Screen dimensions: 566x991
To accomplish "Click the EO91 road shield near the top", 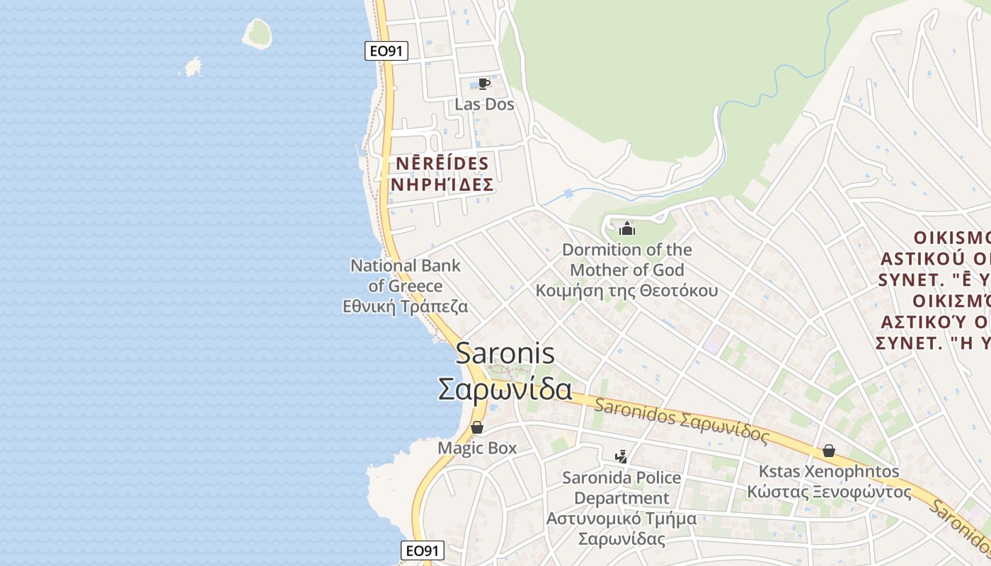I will point(386,51).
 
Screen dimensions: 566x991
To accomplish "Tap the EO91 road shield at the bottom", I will point(423,550).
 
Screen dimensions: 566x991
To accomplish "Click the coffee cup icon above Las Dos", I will point(484,83).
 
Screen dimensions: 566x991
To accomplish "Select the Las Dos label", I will point(484,105).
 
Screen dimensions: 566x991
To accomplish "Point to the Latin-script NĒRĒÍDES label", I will point(442,164).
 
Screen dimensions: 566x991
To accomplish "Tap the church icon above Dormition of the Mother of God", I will point(626,229).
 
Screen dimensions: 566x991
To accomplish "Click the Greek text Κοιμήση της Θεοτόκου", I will point(626,291).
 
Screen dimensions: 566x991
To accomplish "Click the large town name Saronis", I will point(505,354).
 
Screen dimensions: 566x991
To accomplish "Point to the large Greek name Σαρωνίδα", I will point(505,388).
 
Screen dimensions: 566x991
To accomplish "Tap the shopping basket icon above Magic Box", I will point(477,427).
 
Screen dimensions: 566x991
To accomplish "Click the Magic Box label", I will point(477,448).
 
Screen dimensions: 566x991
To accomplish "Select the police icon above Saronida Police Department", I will point(621,457).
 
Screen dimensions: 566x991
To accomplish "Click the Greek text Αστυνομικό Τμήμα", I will point(621,519).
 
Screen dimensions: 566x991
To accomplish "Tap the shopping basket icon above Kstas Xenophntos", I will point(828,451).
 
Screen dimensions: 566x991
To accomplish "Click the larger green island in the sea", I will point(257,33).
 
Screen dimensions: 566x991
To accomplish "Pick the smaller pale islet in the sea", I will point(193,67).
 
